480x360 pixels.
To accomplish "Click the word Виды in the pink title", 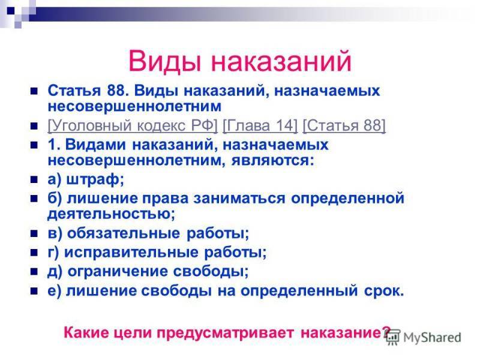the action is point(165,61).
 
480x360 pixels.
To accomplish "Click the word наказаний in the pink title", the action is point(281,61).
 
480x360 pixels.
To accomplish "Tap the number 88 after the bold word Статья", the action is point(116,91).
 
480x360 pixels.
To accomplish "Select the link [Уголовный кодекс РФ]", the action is point(133,126).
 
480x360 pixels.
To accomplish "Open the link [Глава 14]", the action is point(260,126).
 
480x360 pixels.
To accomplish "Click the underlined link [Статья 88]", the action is point(344,126).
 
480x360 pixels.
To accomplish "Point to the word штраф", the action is point(95,179).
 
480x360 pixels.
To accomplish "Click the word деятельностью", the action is point(111,214).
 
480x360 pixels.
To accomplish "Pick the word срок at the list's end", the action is point(384,291).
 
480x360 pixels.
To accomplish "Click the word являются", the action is point(272,160).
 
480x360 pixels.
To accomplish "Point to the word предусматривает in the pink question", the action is point(226,333).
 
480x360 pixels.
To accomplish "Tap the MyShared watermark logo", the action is point(424,338).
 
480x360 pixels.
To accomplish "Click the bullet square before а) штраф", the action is point(34,179).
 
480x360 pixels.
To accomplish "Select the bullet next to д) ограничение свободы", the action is point(34,272).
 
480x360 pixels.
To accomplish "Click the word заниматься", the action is point(239,199).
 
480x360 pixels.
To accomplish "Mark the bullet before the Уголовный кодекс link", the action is point(34,126).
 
